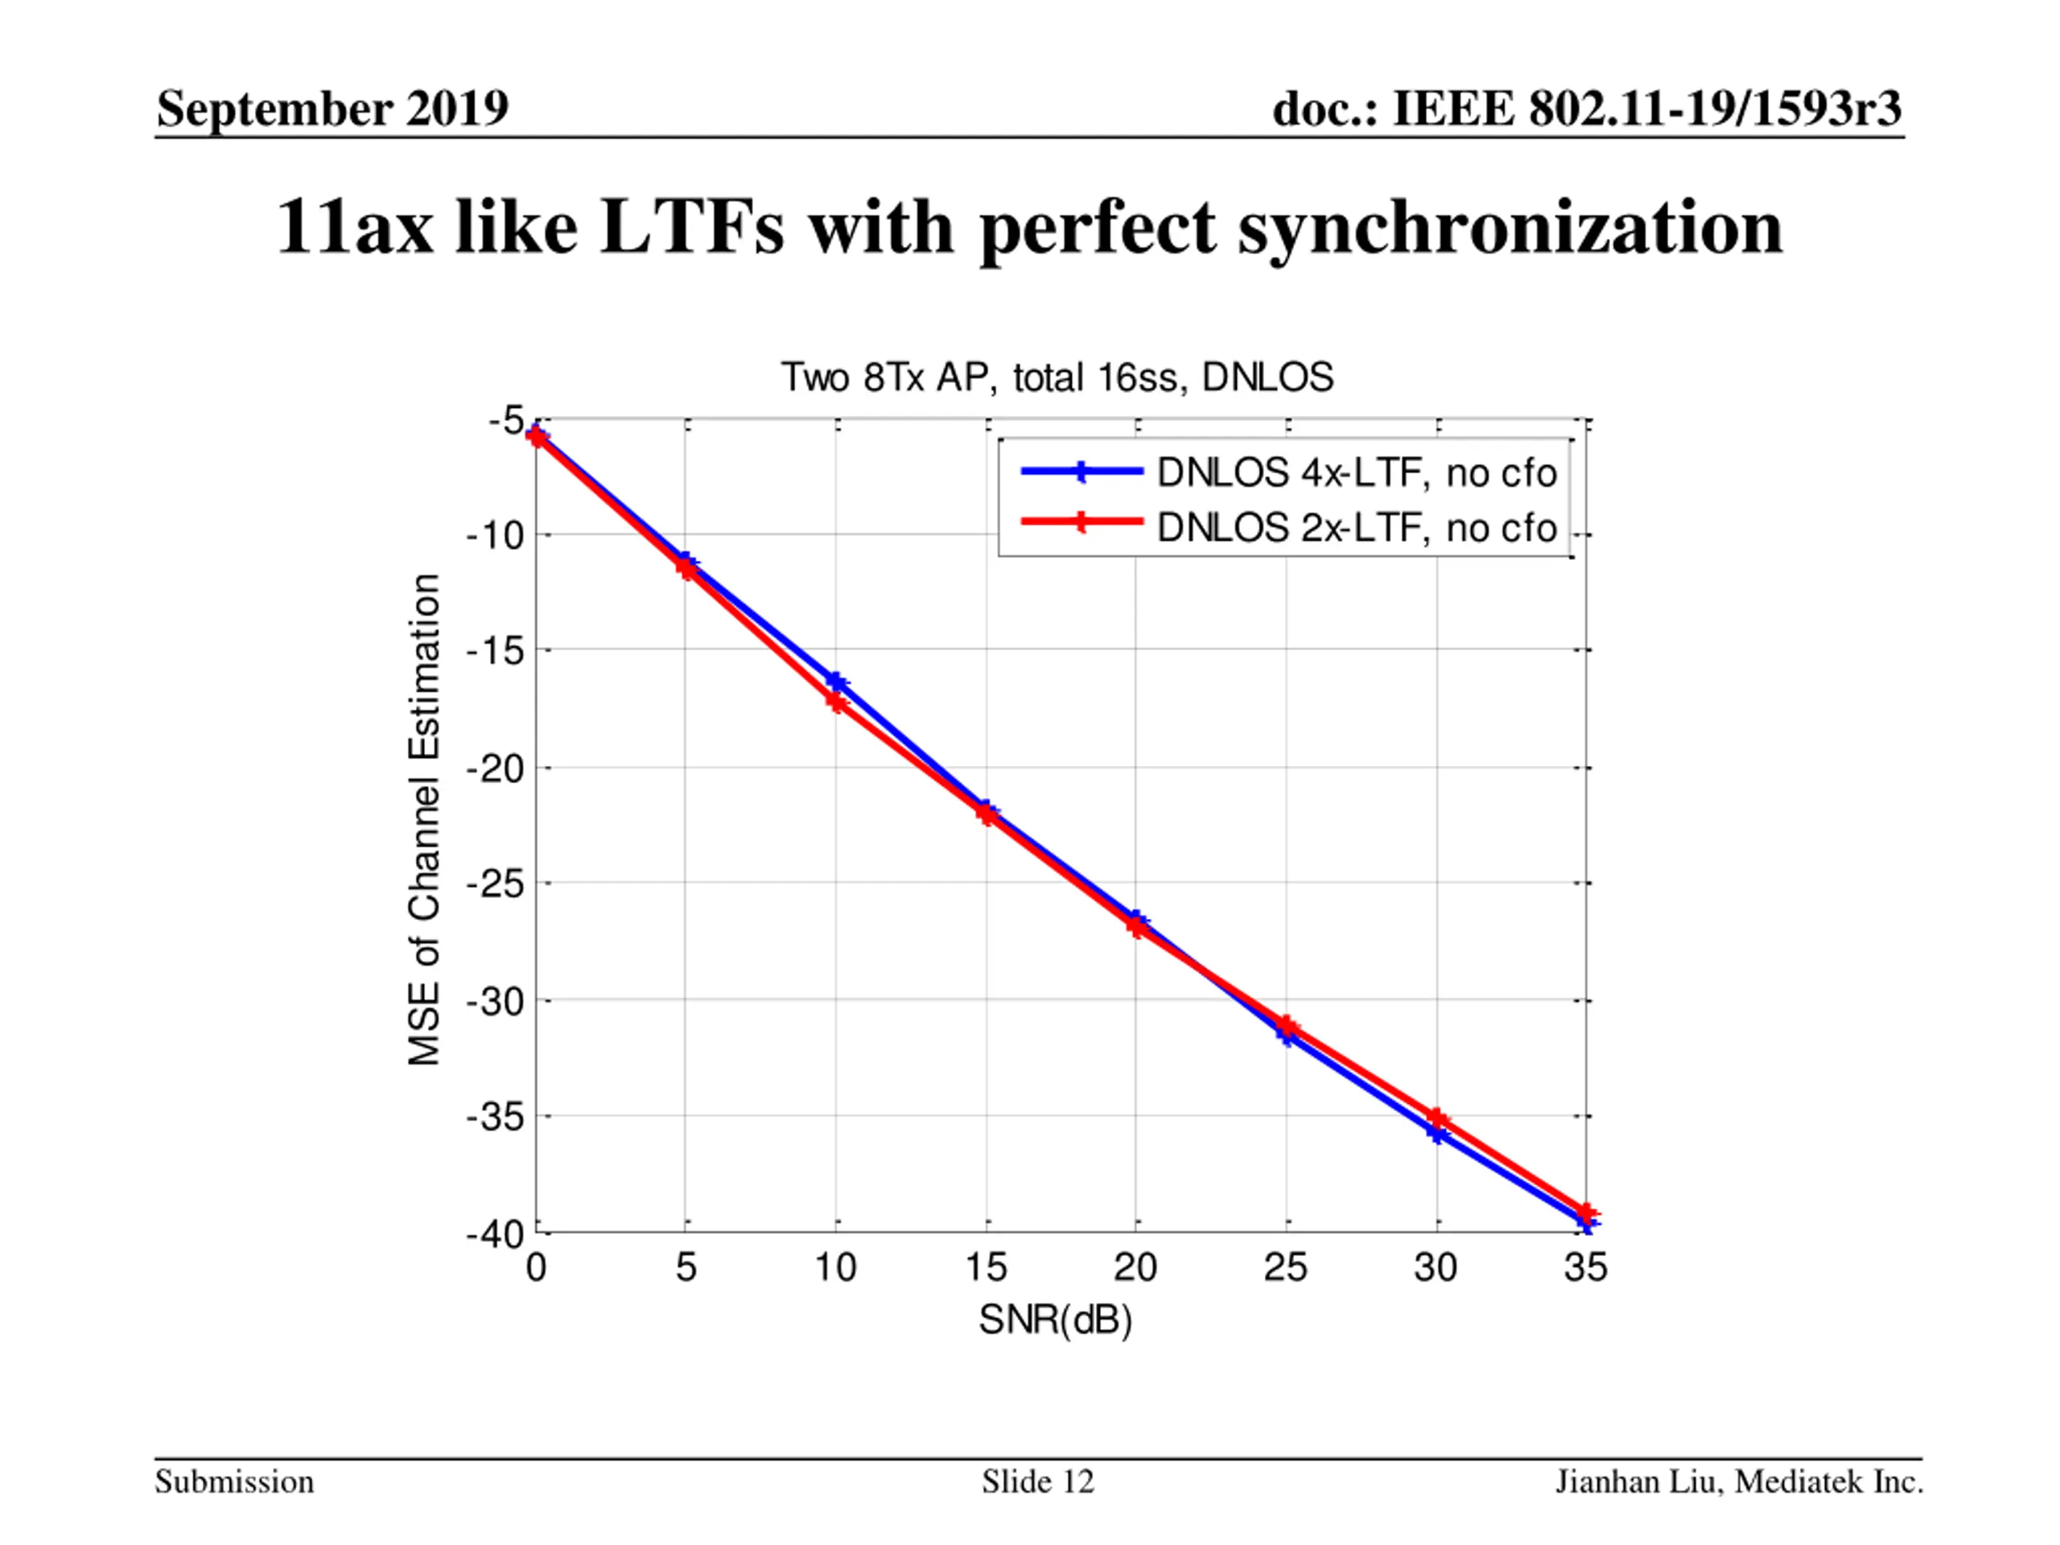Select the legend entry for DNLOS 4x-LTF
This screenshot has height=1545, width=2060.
[1356, 473]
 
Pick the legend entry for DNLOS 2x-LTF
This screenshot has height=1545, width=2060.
[1356, 528]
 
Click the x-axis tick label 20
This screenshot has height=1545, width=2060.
[1135, 1267]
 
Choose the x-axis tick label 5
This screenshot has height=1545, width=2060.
[686, 1267]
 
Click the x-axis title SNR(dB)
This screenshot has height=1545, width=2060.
[1055, 1320]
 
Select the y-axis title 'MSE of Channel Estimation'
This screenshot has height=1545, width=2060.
[425, 819]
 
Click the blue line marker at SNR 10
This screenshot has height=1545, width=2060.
[836, 682]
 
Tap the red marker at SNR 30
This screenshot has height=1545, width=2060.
[1437, 1118]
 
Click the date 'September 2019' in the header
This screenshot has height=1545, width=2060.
[332, 109]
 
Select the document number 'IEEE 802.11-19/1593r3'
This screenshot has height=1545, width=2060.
[1646, 109]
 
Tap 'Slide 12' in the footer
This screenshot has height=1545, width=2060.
[1037, 1481]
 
